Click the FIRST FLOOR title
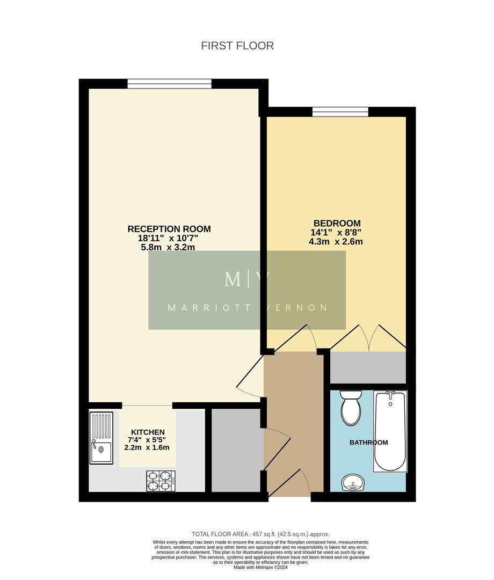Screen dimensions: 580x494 coord(237,46)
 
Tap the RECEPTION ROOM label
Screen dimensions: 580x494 coord(169,229)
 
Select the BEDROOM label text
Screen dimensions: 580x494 coord(337,223)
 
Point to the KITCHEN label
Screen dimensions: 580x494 coord(148,432)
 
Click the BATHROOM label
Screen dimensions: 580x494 coord(368,443)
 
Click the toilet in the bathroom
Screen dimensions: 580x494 coord(352,408)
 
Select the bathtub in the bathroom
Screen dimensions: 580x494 coord(390,431)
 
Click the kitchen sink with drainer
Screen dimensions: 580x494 coord(101,438)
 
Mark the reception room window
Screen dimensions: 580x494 coord(169,84)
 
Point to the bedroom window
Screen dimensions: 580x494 coord(340,112)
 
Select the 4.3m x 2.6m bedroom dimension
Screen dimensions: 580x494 coord(337,242)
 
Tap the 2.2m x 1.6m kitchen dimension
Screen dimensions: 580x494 coord(148,447)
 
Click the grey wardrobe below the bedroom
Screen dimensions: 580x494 coord(368,367)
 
